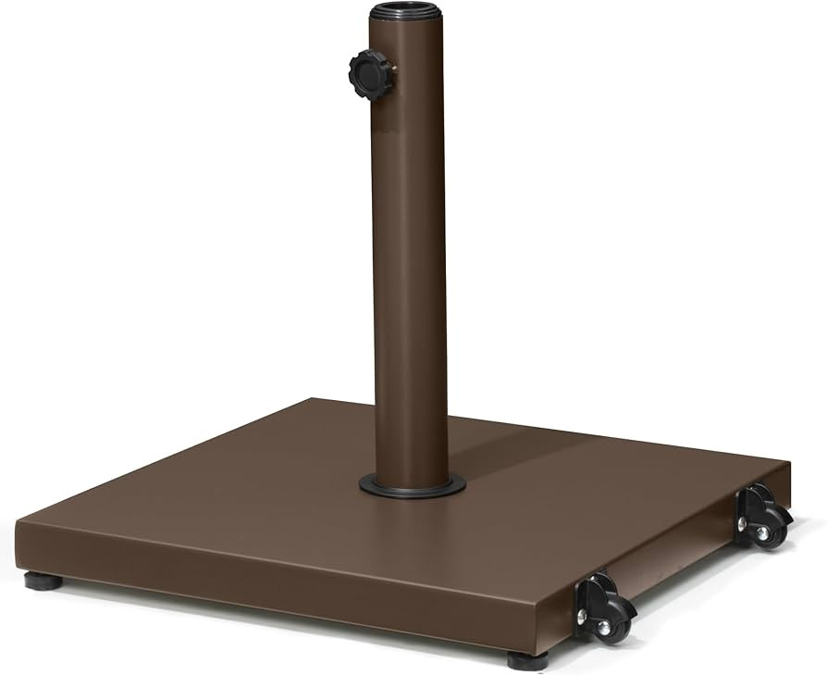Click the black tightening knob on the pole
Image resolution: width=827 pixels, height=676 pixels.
[370, 74]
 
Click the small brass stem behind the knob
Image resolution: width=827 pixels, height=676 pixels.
[393, 69]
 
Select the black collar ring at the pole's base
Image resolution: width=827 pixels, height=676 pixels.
[413, 487]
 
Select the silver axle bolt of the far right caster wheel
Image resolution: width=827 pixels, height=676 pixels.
[762, 533]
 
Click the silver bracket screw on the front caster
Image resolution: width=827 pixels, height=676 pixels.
[582, 614]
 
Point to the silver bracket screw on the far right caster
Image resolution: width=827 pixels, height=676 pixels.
[742, 524]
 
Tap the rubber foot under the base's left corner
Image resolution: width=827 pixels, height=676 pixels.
[43, 582]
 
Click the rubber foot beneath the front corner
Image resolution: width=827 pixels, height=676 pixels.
[527, 660]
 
